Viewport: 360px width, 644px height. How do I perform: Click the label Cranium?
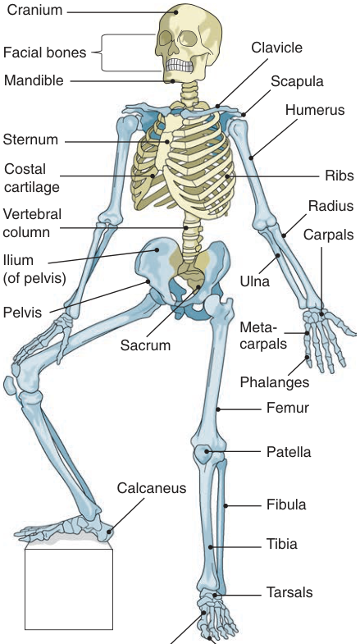click(34, 10)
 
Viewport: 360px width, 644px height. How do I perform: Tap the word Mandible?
click(34, 80)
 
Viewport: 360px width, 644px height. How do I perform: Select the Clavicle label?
click(276, 48)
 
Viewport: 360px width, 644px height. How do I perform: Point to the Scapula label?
click(297, 81)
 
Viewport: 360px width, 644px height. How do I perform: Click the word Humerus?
click(315, 110)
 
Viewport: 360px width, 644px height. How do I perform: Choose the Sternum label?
click(30, 139)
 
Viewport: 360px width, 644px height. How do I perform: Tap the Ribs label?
click(339, 176)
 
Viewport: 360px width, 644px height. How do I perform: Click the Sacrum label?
click(145, 345)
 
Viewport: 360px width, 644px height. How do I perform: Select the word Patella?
click(289, 452)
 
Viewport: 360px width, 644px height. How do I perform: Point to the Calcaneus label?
click(152, 488)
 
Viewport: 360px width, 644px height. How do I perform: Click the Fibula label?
click(286, 505)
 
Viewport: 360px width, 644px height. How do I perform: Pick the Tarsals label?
click(289, 592)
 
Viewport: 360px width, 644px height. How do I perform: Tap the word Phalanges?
click(274, 382)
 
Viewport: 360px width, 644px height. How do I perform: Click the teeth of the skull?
click(180, 65)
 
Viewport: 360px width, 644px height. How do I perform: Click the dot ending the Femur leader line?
click(219, 409)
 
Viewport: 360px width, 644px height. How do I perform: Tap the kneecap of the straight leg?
click(203, 454)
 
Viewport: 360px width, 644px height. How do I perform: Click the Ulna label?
click(254, 281)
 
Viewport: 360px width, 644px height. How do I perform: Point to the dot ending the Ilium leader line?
click(157, 249)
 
